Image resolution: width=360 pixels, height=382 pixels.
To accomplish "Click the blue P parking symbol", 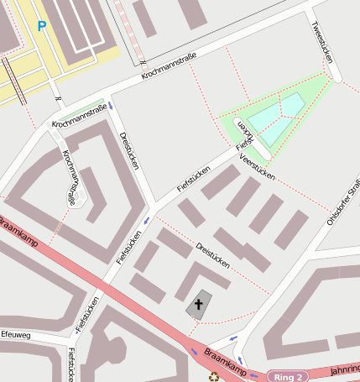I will tap(41, 26).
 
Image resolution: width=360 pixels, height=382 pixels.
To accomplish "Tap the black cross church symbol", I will tap(200, 304).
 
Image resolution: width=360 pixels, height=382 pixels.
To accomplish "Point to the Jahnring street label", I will tap(344, 370).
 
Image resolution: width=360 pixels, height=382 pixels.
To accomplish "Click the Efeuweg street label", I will tap(15, 334).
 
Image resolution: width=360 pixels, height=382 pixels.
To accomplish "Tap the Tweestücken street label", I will tap(322, 42).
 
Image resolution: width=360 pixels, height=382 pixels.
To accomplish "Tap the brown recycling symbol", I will tap(214, 376).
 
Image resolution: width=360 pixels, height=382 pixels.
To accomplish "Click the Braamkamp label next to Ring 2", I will tap(226, 358).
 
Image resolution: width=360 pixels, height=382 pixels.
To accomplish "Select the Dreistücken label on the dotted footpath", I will tap(212, 254).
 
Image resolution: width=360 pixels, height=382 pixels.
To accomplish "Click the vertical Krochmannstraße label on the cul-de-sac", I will tap(72, 178).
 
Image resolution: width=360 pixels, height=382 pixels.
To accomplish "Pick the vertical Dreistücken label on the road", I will tap(128, 150).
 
